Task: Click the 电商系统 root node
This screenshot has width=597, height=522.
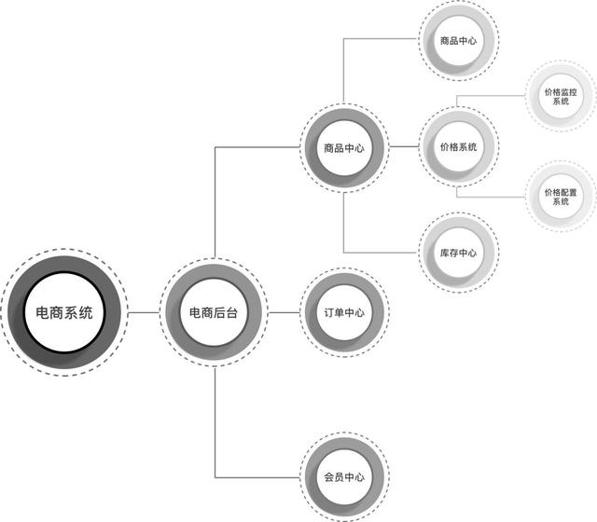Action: [x=64, y=312]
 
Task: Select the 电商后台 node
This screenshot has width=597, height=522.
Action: [x=214, y=312]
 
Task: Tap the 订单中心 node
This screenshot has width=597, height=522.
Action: [x=343, y=312]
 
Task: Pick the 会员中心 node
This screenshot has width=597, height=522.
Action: [x=343, y=477]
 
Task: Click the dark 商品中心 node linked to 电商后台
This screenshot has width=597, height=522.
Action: [x=343, y=147]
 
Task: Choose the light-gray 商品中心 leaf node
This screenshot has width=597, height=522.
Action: [x=458, y=40]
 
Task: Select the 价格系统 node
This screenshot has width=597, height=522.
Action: [x=458, y=147]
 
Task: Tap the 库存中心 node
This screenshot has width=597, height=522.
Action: [x=458, y=253]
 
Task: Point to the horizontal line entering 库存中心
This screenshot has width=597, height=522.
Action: [x=382, y=253]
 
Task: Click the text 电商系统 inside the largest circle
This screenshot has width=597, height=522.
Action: [x=64, y=313]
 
